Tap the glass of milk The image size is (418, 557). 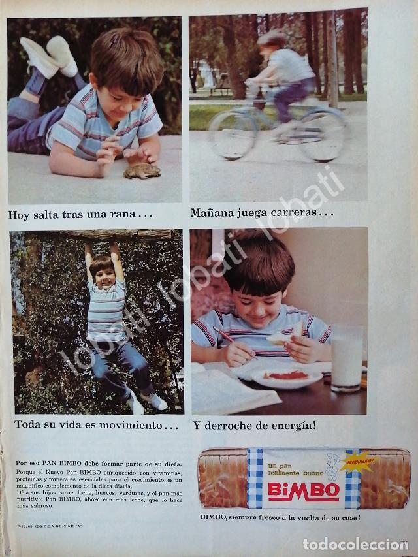[346, 358]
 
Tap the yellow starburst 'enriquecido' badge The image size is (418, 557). [355, 460]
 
